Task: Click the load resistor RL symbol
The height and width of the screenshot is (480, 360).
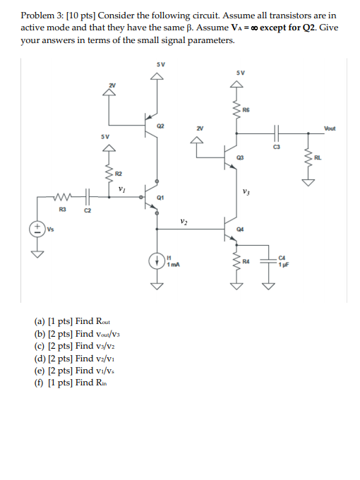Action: (308, 159)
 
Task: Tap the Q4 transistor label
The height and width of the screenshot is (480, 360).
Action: (241, 229)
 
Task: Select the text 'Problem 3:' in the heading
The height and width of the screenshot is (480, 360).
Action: (42, 15)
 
